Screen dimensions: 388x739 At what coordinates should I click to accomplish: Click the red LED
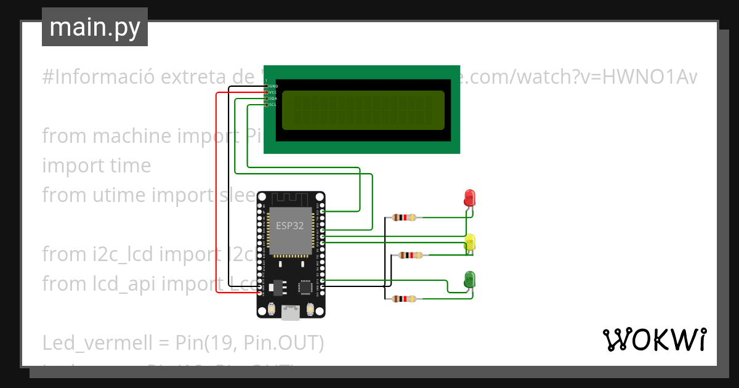coord(469,198)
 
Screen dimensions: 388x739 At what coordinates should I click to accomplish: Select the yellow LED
coord(470,242)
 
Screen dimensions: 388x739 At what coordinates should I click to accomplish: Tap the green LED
coord(469,279)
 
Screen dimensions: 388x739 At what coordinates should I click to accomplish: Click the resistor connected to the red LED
coord(404,217)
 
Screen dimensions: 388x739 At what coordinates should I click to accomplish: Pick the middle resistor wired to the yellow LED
coord(410,255)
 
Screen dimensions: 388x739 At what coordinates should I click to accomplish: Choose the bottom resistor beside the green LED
coord(404,299)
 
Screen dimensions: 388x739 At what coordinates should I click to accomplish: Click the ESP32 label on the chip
coord(289,225)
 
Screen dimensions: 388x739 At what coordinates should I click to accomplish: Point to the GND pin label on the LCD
coord(273,86)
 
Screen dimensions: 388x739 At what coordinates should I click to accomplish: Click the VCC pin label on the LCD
coord(273,92)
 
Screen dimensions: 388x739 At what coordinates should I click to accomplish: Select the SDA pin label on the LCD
coord(273,99)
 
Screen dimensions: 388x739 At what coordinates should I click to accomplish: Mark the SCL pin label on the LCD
coord(273,105)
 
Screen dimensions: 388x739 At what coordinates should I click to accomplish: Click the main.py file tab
coord(94,27)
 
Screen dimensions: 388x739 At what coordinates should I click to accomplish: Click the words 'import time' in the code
coord(96,166)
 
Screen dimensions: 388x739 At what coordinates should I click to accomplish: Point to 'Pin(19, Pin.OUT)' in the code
coord(249,342)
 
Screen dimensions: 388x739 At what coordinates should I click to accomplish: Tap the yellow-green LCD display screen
coord(363,110)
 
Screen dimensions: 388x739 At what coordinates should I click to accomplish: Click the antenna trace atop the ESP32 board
coord(291,199)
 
